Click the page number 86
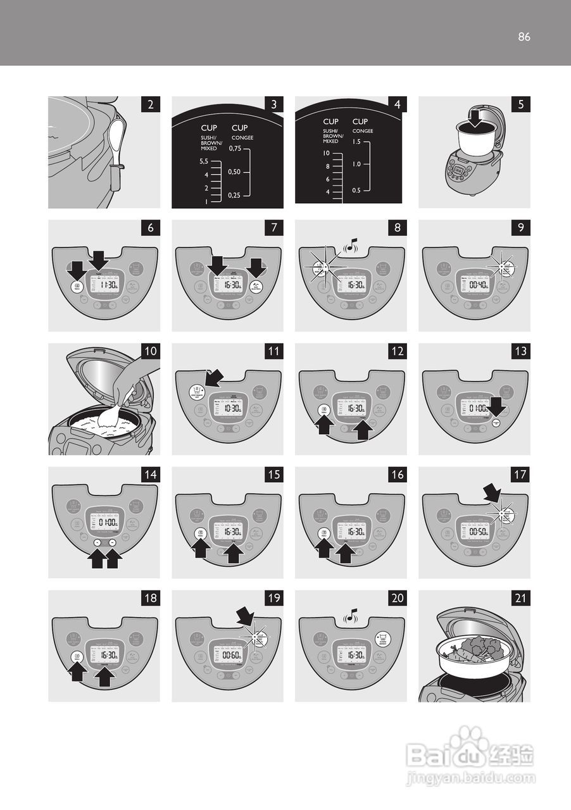pos(524,37)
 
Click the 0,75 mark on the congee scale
pos(235,149)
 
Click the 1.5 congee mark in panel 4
pos(356,142)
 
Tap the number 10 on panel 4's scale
pos(327,154)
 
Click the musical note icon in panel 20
pos(352,613)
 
